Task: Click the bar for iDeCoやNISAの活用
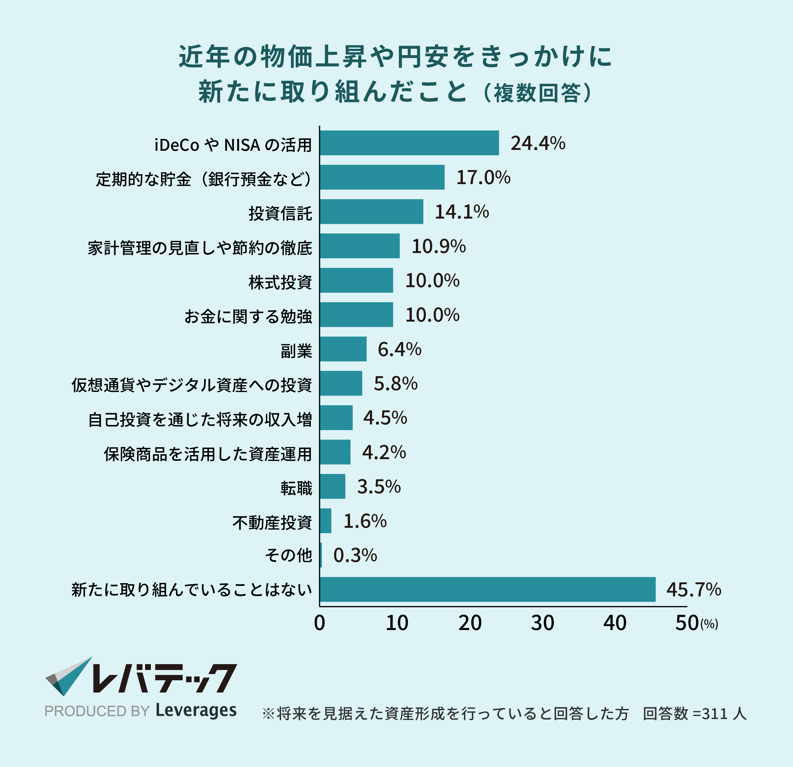[x=409, y=143]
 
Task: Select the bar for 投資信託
[x=372, y=211]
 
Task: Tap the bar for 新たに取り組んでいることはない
[x=488, y=590]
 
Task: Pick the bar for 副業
[x=343, y=349]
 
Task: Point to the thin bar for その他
[x=321, y=555]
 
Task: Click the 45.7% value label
[x=693, y=590]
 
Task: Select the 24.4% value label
[x=538, y=143]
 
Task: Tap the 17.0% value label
[x=483, y=177]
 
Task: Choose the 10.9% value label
[x=439, y=246]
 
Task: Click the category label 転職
[x=296, y=488]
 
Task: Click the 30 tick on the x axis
[x=542, y=623]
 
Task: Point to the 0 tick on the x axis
[x=320, y=623]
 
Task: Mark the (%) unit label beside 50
[x=709, y=624]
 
